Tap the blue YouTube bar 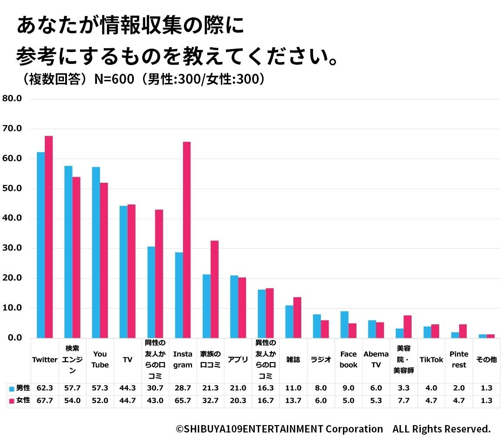pyautogui.click(x=96, y=252)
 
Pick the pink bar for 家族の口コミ pyautogui.click(x=214, y=289)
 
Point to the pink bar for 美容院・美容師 pyautogui.click(x=407, y=327)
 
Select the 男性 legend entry pyautogui.click(x=20, y=388)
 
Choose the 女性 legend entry pyautogui.click(x=20, y=400)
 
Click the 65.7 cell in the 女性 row pyautogui.click(x=183, y=401)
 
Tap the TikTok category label pyautogui.click(x=431, y=360)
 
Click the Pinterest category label pyautogui.click(x=459, y=360)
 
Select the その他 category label pyautogui.click(x=486, y=360)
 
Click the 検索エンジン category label pyautogui.click(x=72, y=360)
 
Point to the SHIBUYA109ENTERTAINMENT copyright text pyautogui.click(x=333, y=429)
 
